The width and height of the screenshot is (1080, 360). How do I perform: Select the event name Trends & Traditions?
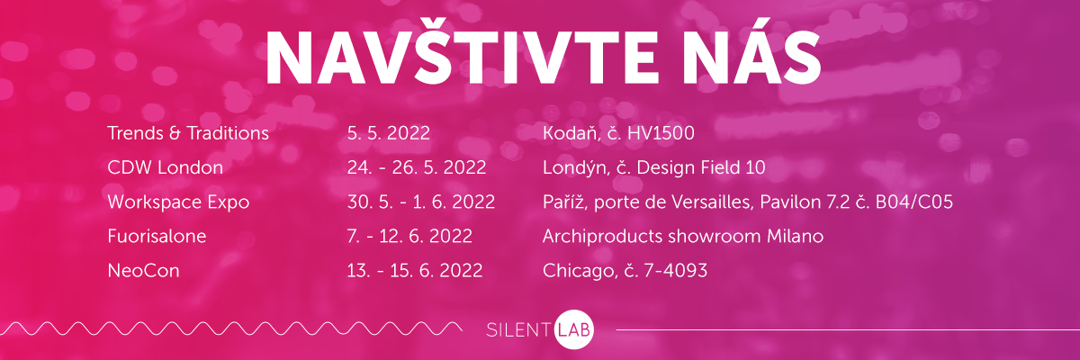click(x=188, y=133)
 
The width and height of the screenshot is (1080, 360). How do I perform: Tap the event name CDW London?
click(x=166, y=167)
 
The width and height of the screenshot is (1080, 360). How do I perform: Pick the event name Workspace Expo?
click(x=178, y=202)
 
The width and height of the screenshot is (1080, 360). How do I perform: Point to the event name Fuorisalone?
click(x=157, y=237)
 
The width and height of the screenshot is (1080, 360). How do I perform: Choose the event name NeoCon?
click(x=144, y=271)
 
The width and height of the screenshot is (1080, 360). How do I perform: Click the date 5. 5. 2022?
click(x=389, y=133)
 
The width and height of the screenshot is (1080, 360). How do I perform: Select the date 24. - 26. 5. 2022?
click(x=417, y=167)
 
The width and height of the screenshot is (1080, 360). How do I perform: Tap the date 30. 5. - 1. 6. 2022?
click(x=421, y=202)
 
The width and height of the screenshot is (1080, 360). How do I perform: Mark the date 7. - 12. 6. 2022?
click(x=409, y=237)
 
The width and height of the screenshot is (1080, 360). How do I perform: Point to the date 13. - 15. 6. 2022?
click(x=415, y=271)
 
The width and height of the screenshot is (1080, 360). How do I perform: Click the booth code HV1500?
click(x=661, y=133)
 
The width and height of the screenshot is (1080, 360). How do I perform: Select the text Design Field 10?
click(x=701, y=167)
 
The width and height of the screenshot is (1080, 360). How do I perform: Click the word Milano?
click(x=795, y=237)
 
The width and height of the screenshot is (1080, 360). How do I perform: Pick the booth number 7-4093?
click(x=676, y=271)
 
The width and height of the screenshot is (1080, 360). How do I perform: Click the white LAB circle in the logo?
click(x=574, y=329)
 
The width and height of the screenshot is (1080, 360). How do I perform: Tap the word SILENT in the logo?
click(x=518, y=330)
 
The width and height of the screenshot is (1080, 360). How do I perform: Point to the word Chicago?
click(x=580, y=271)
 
